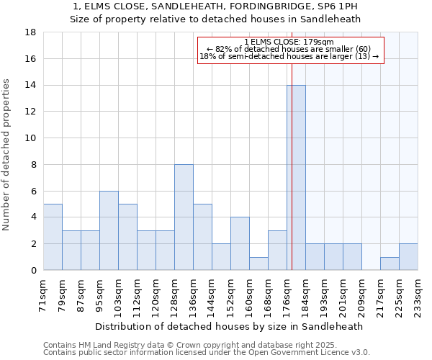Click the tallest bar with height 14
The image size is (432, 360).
tap(296, 177)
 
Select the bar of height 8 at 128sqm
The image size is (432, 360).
tap(184, 217)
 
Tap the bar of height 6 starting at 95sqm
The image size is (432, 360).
tap(109, 230)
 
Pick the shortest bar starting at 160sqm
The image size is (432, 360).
tap(258, 264)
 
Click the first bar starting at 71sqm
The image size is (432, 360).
tap(53, 237)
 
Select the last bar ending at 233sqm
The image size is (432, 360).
tap(408, 257)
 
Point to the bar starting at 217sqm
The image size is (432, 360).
tap(390, 264)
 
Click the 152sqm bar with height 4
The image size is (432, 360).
tap(240, 243)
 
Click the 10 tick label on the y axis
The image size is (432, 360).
tap(30, 138)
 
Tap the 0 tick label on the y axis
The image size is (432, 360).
tap(33, 270)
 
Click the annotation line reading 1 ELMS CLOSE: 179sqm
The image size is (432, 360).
tap(289, 42)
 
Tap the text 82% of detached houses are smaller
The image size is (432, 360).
tap(289, 49)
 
